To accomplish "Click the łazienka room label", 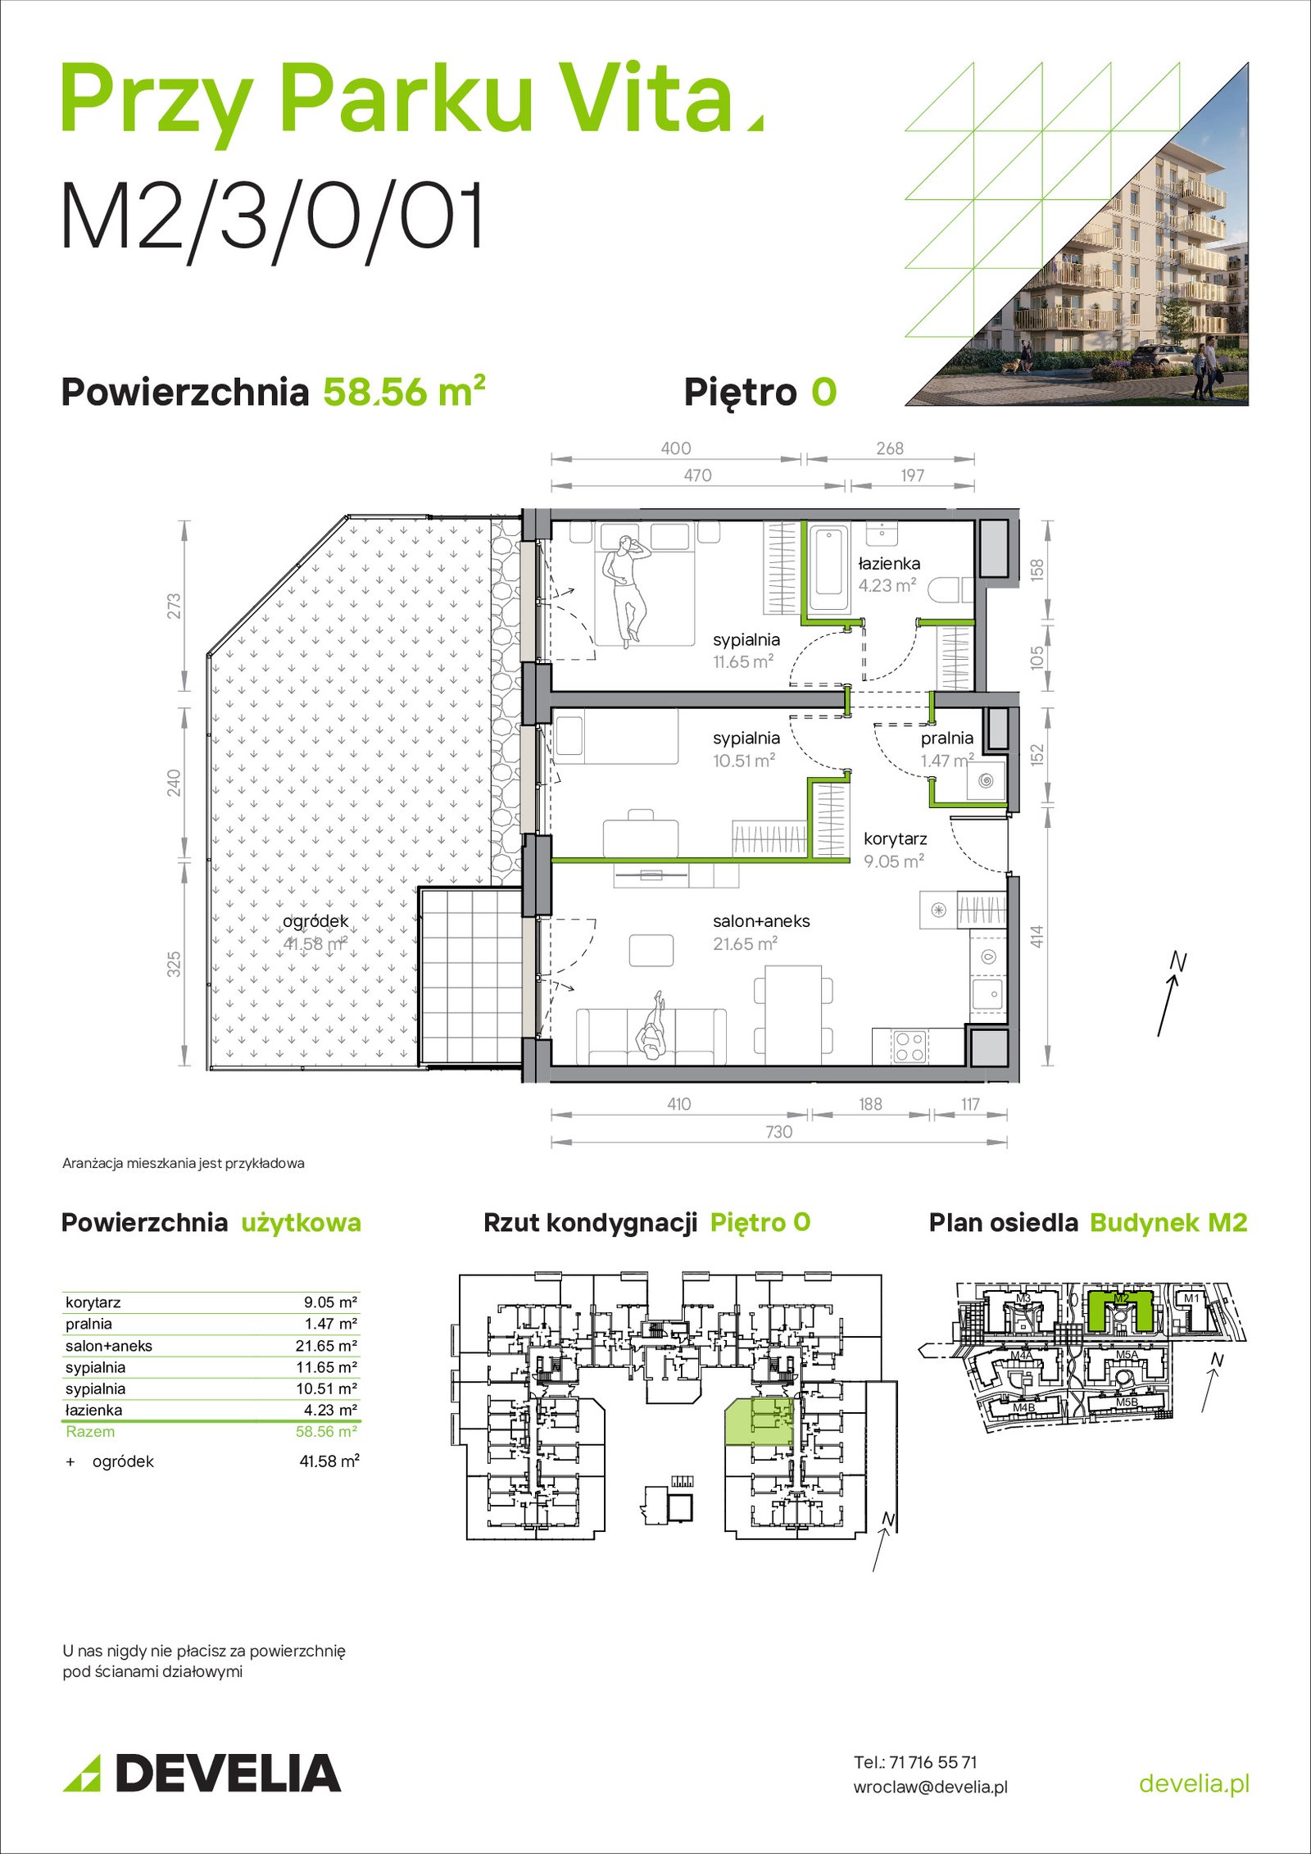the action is click(889, 564).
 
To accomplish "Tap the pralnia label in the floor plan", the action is click(946, 738).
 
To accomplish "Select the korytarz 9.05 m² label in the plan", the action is click(895, 850).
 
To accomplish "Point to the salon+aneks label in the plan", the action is click(761, 921).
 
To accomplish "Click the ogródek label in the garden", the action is click(315, 921).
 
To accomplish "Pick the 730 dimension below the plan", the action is click(778, 1132).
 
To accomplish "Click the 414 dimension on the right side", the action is click(1037, 937).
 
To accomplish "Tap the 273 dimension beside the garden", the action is click(174, 606).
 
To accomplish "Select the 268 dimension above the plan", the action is click(890, 448).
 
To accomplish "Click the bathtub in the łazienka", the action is click(828, 567).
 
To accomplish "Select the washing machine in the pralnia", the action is click(986, 779).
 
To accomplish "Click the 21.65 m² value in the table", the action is click(326, 1346).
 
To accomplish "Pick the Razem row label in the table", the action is click(90, 1431).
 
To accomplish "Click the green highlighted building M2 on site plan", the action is click(1121, 1311).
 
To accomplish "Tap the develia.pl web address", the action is click(1194, 1783).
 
